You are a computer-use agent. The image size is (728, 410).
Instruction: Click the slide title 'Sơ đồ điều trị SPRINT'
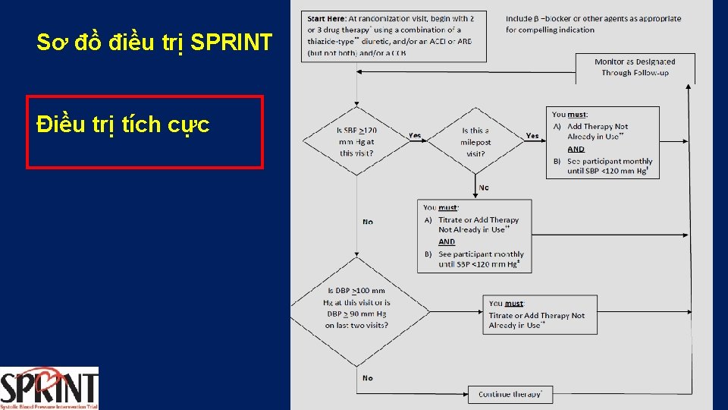click(x=154, y=43)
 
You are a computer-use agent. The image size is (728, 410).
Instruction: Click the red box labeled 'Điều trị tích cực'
click(x=145, y=131)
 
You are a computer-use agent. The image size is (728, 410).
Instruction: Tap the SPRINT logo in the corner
click(x=49, y=388)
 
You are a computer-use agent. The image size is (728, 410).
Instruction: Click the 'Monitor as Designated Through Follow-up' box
click(x=635, y=68)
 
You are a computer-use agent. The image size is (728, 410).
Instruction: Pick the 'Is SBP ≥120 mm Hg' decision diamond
click(x=356, y=141)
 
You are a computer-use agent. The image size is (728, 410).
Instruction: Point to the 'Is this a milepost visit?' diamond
click(x=475, y=141)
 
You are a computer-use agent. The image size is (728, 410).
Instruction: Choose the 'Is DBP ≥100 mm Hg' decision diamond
click(x=356, y=307)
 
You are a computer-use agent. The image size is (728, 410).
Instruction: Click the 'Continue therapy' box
click(x=510, y=394)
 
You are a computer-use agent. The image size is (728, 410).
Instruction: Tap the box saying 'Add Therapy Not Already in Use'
click(x=602, y=143)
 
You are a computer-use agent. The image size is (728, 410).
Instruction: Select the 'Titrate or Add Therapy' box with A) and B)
click(x=475, y=236)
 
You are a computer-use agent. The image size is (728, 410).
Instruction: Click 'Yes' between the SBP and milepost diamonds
click(x=415, y=136)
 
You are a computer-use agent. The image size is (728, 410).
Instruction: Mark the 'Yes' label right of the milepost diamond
click(x=532, y=136)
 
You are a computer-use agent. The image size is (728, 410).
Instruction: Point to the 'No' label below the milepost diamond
click(x=484, y=188)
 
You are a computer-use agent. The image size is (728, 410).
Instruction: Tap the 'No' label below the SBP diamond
click(x=368, y=222)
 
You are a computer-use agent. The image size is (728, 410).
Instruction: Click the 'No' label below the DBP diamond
click(x=368, y=377)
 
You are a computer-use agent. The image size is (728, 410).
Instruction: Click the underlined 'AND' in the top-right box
click(x=576, y=150)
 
